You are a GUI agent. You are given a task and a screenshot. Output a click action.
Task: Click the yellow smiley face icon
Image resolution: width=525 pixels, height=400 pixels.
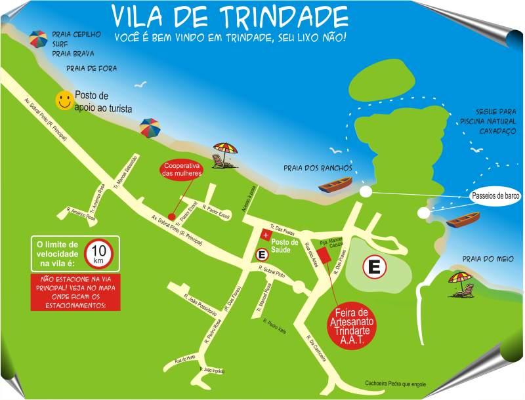coord(64,100)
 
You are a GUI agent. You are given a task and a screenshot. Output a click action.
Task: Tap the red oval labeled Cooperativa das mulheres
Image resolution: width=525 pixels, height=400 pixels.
coord(182,169)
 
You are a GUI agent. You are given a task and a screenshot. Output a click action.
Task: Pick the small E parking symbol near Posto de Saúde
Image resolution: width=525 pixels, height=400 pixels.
coord(262,254)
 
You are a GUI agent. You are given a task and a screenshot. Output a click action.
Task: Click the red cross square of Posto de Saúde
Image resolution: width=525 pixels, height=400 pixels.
coord(266,235)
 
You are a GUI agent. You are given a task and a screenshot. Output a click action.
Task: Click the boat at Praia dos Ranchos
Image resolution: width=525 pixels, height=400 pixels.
coord(335,188)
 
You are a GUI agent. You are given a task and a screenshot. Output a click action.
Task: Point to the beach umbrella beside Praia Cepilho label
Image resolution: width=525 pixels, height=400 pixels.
coord(38,40)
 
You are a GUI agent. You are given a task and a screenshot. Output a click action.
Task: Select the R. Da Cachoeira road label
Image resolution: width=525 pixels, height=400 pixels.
coord(318,351)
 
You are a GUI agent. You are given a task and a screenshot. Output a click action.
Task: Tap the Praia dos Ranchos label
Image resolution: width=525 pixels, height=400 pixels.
coord(318,168)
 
